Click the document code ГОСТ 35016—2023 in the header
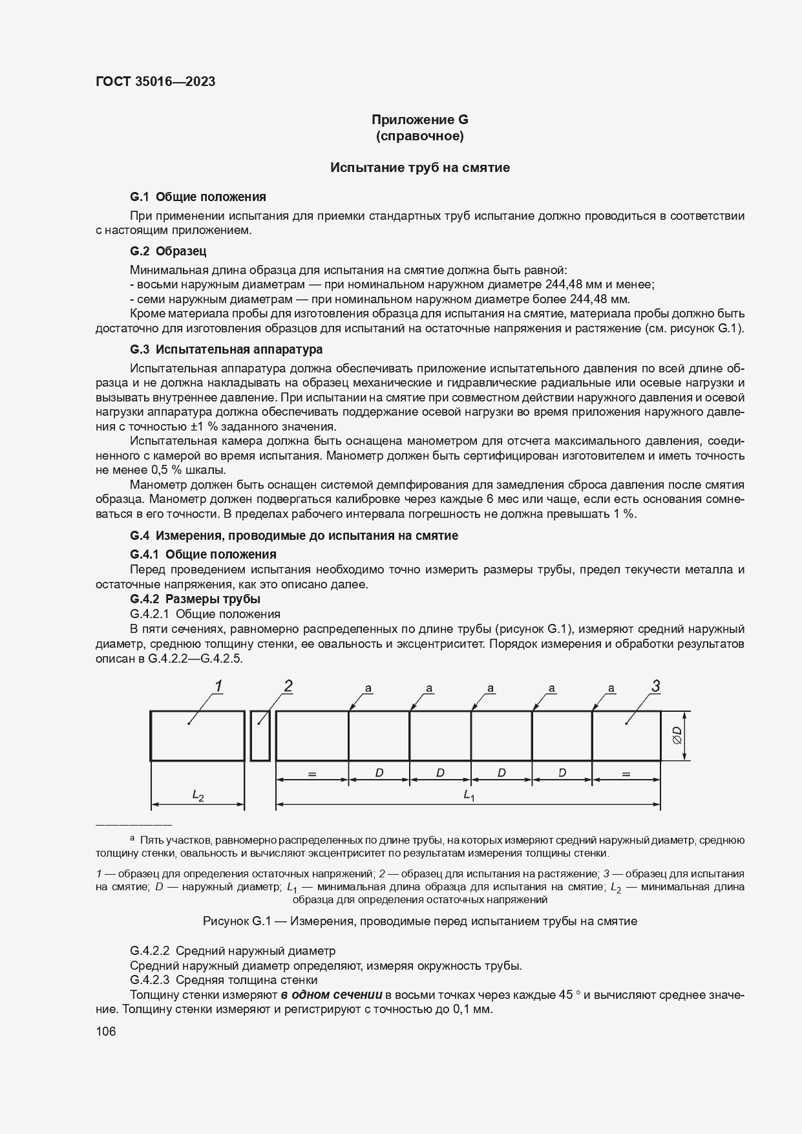[155, 81]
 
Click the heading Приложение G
[419, 120]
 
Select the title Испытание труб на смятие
[419, 168]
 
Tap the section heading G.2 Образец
[168, 251]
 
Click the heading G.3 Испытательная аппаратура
[226, 350]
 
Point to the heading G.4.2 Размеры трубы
[195, 599]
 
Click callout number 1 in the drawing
[219, 687]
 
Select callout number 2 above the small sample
[288, 687]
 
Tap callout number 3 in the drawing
[655, 687]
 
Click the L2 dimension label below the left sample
[198, 796]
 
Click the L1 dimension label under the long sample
[469, 796]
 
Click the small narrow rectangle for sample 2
[260, 736]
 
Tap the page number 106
[105, 1032]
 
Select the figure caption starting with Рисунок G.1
[419, 921]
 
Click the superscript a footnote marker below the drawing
[132, 839]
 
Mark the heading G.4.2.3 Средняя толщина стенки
[224, 980]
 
